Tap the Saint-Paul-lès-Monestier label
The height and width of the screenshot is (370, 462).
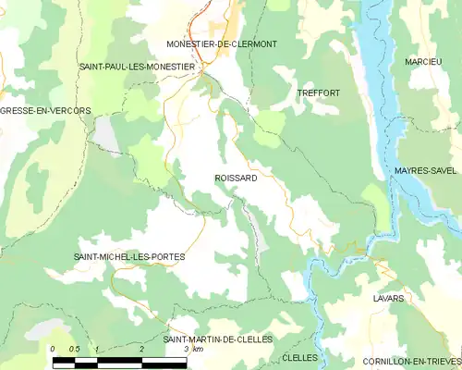coord(137,67)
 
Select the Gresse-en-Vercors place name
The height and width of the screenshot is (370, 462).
coord(45,110)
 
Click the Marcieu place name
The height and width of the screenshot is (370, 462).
coord(422,61)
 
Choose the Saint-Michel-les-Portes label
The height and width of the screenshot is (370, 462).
coord(128,256)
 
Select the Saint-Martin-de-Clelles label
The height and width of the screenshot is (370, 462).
coord(217,339)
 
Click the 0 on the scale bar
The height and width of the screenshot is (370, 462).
coord(54,349)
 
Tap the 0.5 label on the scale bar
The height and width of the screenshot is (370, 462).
coord(75,349)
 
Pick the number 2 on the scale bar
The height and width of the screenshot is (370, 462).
coord(141,349)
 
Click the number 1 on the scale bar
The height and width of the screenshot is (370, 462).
coord(97,349)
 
